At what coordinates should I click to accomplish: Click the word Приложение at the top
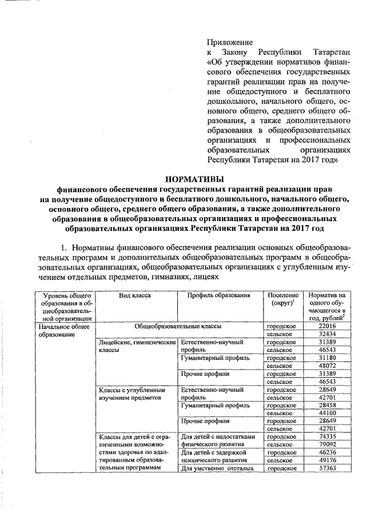[229, 42]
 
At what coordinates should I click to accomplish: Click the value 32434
[325, 333]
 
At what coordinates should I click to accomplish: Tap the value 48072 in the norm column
[325, 366]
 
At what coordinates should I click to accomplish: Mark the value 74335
[325, 437]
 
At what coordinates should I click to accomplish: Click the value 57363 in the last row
[325, 468]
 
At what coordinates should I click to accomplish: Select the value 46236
[325, 452]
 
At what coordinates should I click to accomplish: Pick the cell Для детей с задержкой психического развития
[217, 456]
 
